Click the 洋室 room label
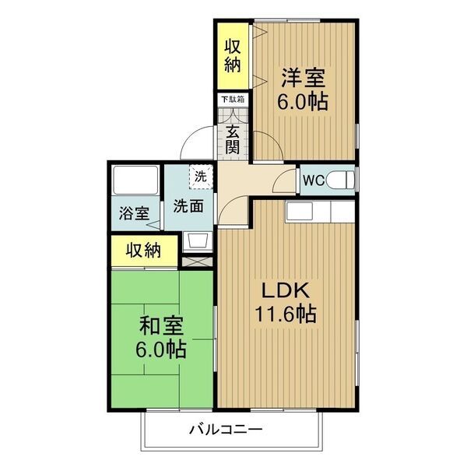pyautogui.click(x=304, y=78)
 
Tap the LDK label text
pyautogui.click(x=286, y=292)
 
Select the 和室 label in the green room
pyautogui.click(x=162, y=325)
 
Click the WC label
pyautogui.click(x=314, y=181)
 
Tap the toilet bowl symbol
pyautogui.click(x=341, y=181)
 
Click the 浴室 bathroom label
pyautogui.click(x=134, y=212)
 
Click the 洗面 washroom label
pyautogui.click(x=188, y=206)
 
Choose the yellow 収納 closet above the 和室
pyautogui.click(x=143, y=251)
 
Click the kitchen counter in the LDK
pyautogui.click(x=320, y=211)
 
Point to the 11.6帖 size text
pyautogui.click(x=286, y=315)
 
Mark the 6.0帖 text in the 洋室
pyautogui.click(x=304, y=101)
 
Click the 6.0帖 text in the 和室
pyautogui.click(x=162, y=349)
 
